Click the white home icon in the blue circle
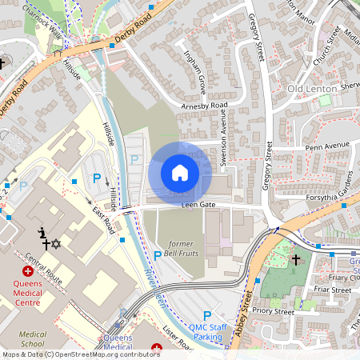(x=180, y=173)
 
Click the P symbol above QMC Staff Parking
(x=207, y=316)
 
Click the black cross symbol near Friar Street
(x=295, y=259)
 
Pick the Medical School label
(x=32, y=339)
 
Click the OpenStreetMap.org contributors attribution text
(x=112, y=354)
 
